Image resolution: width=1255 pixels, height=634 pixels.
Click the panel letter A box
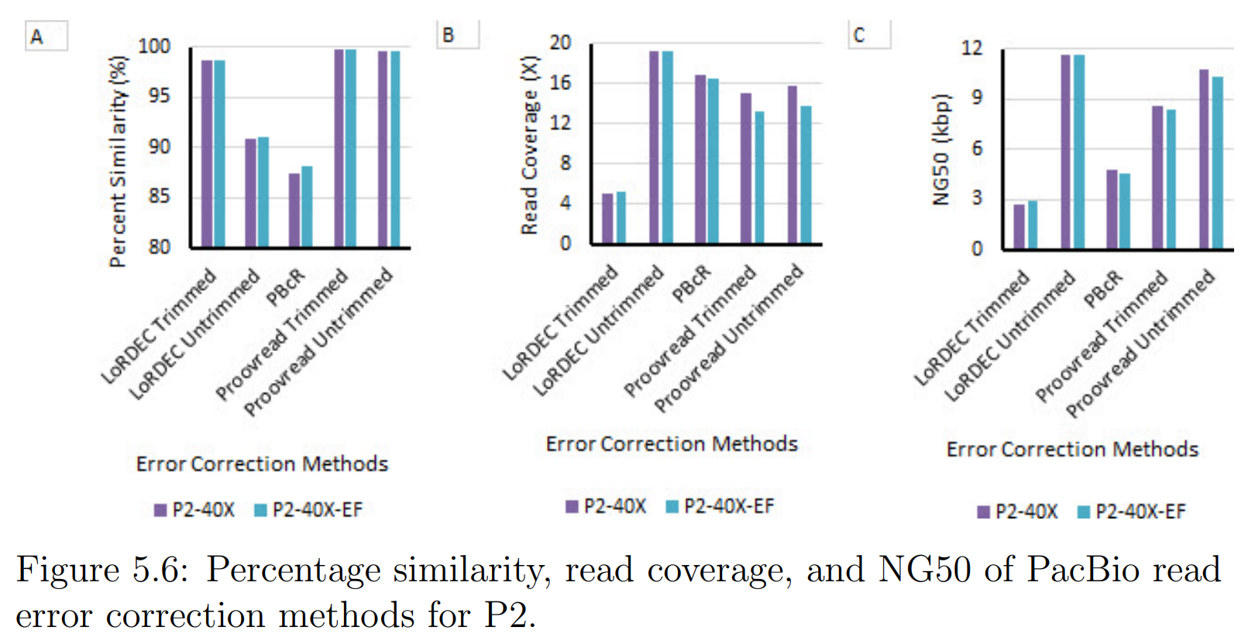pyautogui.click(x=46, y=36)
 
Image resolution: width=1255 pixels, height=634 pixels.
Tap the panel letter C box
pyautogui.click(x=869, y=35)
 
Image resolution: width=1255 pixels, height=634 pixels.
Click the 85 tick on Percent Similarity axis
pyautogui.click(x=159, y=196)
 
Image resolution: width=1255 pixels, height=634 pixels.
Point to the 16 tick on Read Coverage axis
pyautogui.click(x=560, y=82)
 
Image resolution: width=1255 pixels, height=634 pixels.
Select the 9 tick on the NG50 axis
pyautogui.click(x=977, y=97)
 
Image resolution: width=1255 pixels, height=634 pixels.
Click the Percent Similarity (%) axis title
pyautogui.click(x=118, y=161)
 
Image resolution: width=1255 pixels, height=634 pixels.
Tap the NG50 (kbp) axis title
pyautogui.click(x=940, y=150)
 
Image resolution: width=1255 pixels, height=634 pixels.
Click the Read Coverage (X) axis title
pyautogui.click(x=529, y=145)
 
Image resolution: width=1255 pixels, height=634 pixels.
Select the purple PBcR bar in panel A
pyautogui.click(x=294, y=210)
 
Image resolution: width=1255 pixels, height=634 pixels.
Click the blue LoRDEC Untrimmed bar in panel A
pyautogui.click(x=263, y=192)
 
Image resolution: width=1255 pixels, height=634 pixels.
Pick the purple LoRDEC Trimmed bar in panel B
pyautogui.click(x=607, y=219)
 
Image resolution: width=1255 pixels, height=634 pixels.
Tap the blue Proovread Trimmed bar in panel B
pyautogui.click(x=759, y=177)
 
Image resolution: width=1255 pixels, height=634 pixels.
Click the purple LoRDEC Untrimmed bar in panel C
pyautogui.click(x=1065, y=151)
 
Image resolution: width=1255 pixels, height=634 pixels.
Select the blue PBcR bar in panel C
pyautogui.click(x=1125, y=211)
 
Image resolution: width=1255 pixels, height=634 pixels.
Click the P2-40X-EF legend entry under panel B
pyautogui.click(x=720, y=507)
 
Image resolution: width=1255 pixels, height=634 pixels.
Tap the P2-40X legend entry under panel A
pyautogui.click(x=194, y=510)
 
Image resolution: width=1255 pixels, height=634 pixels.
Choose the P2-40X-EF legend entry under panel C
pyautogui.click(x=1132, y=512)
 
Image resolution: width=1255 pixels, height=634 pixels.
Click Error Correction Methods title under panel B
pyautogui.click(x=672, y=444)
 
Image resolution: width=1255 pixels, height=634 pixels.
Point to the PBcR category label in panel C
pyautogui.click(x=1103, y=288)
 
